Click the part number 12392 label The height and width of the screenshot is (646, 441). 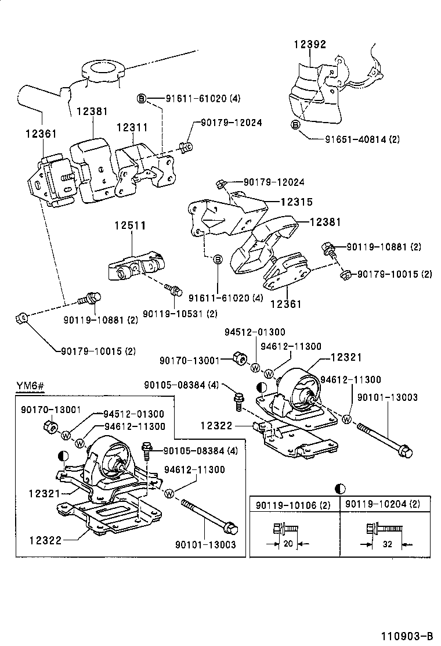(x=309, y=44)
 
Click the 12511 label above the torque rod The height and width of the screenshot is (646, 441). (x=129, y=225)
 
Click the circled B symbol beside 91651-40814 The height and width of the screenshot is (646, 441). (x=295, y=124)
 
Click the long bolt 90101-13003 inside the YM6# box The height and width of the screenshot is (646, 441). (x=208, y=516)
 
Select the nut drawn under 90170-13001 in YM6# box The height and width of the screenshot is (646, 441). (x=50, y=429)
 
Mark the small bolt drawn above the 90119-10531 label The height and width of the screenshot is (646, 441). (x=173, y=288)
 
